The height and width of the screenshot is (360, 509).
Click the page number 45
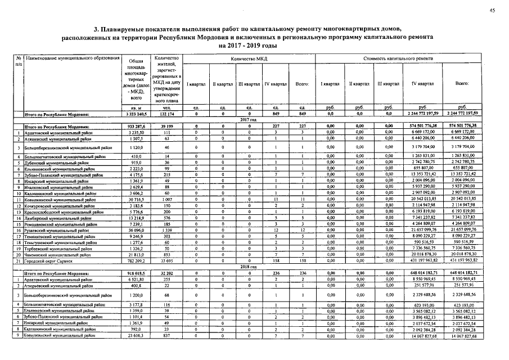click(492, 10)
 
